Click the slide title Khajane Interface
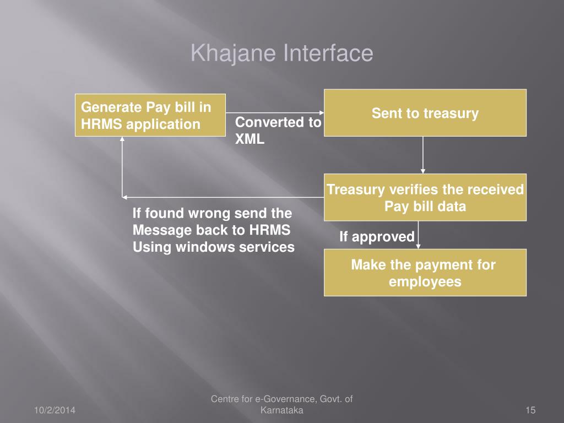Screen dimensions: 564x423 point(282,54)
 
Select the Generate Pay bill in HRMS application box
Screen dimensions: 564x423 point(150,115)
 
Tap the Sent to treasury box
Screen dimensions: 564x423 point(425,113)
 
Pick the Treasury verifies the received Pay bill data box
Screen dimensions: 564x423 point(425,197)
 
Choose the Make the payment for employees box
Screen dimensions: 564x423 point(425,273)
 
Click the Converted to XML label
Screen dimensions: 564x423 point(278,131)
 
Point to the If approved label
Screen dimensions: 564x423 point(377,237)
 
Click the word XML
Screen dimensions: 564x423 point(250,139)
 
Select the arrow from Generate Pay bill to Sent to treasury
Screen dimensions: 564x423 point(275,113)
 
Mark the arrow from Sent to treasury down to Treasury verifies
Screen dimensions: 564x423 point(423,155)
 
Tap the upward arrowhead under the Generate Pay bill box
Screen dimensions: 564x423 point(122,140)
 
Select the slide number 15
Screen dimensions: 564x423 point(530,410)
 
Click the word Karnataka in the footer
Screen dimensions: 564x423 point(281,410)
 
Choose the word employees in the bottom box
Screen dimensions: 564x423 point(425,281)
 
